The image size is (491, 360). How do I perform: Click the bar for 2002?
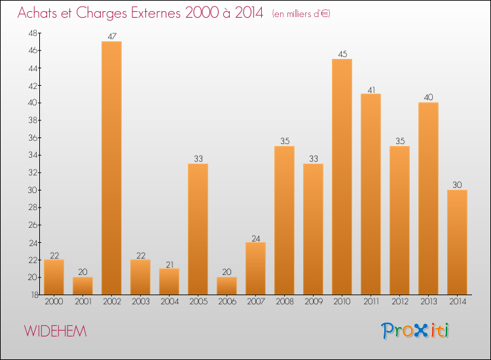tap(112, 168)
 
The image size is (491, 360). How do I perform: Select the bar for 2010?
tap(342, 177)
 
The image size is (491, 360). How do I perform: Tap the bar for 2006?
tap(227, 286)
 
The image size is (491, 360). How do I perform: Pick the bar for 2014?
tap(457, 242)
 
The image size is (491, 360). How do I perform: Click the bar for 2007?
tap(255, 268)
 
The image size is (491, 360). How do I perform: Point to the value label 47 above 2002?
tap(112, 37)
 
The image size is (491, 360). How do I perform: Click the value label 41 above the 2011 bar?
tap(371, 90)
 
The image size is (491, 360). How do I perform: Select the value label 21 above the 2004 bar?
tap(170, 265)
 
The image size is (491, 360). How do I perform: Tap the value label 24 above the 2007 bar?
tap(256, 238)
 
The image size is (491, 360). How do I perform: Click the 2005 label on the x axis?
tap(198, 302)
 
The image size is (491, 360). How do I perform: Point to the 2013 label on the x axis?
tap(428, 302)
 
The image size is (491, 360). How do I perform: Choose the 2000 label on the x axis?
tap(54, 302)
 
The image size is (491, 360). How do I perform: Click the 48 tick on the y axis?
tap(33, 33)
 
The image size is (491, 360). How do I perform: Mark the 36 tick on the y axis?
tap(33, 137)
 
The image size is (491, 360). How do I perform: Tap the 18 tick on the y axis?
tap(34, 295)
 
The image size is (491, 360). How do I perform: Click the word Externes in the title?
tap(156, 13)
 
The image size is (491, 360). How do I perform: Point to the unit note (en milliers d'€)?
tap(301, 14)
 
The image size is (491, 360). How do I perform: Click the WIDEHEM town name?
tap(55, 331)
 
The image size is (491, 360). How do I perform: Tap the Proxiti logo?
tap(415, 331)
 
